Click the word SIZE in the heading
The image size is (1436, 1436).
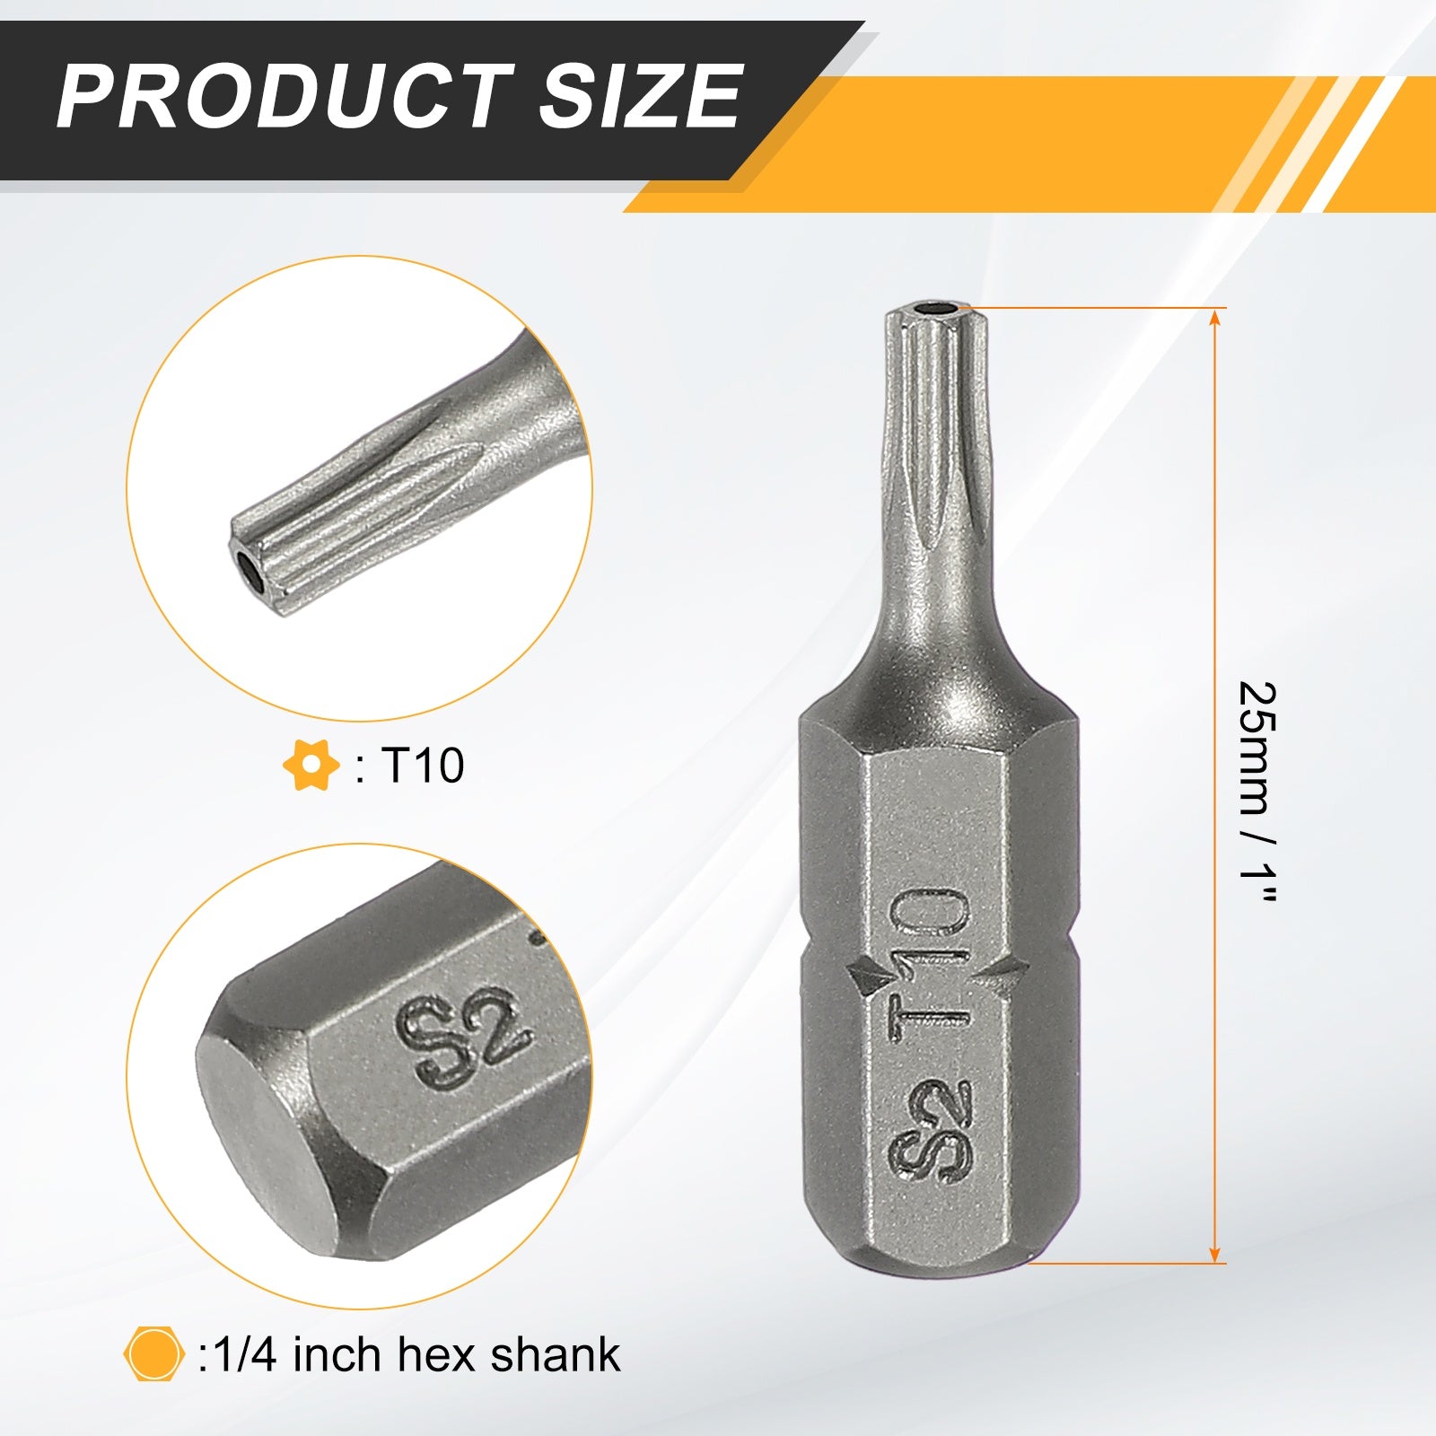click(640, 96)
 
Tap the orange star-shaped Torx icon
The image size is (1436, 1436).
click(311, 766)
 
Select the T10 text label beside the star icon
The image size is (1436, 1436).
click(422, 766)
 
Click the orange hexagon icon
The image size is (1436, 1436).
click(153, 1353)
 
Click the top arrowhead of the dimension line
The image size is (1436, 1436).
click(1215, 319)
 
